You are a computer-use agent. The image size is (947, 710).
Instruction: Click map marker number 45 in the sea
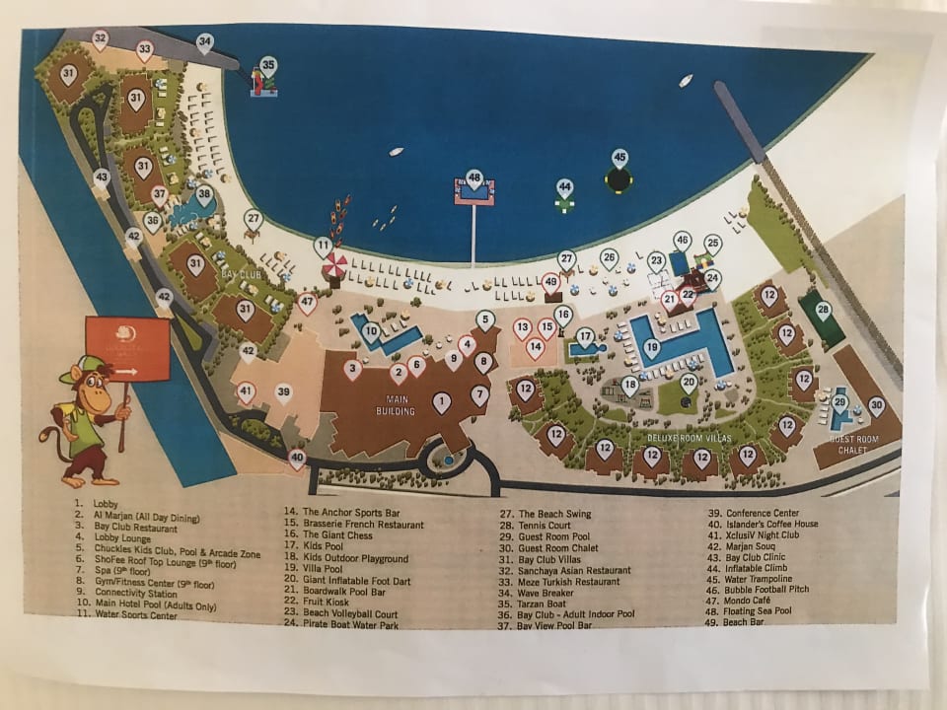click(619, 158)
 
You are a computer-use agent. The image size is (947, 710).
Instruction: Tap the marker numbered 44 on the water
click(564, 186)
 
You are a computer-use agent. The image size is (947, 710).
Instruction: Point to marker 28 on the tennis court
click(823, 310)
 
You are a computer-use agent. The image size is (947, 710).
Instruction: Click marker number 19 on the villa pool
click(651, 346)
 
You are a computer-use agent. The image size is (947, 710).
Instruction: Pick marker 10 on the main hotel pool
click(371, 331)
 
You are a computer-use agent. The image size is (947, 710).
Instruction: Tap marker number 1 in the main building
click(442, 400)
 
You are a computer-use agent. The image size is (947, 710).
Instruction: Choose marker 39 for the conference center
click(283, 392)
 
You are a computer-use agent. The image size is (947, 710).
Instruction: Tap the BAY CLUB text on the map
click(240, 270)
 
